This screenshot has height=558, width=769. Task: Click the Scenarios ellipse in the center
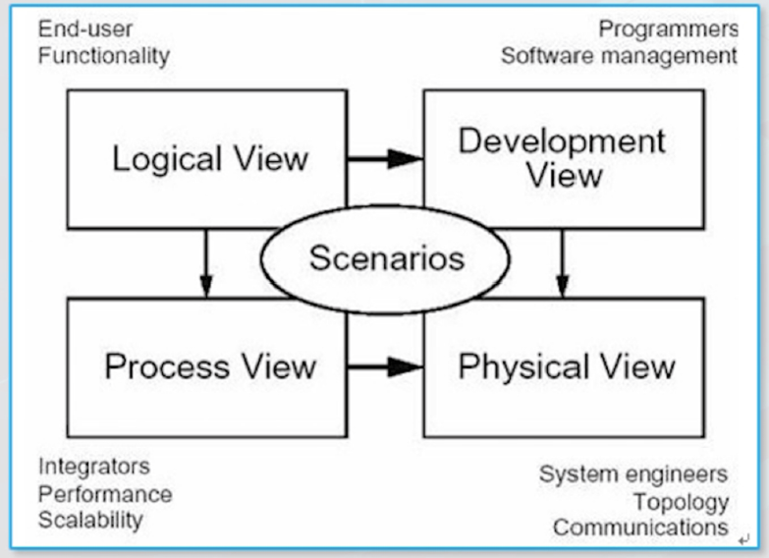(x=385, y=258)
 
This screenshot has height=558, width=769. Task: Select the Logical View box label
(x=210, y=159)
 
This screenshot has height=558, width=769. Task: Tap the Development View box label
(x=562, y=157)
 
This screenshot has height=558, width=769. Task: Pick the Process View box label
(x=210, y=366)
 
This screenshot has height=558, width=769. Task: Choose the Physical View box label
(x=567, y=366)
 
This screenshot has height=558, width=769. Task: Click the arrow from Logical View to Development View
(x=385, y=158)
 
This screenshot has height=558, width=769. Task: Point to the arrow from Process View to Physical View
(x=385, y=366)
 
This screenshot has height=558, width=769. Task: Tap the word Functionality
(x=104, y=55)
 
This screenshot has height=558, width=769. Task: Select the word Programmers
(x=668, y=28)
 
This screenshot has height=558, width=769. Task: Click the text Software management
(x=619, y=56)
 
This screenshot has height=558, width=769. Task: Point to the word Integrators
(x=94, y=466)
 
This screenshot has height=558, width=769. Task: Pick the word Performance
(x=105, y=493)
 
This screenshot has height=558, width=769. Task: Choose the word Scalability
(x=90, y=520)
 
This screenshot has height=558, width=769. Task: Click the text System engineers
(x=633, y=474)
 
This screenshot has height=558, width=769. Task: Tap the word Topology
(x=681, y=502)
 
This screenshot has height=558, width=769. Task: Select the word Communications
(x=640, y=528)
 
